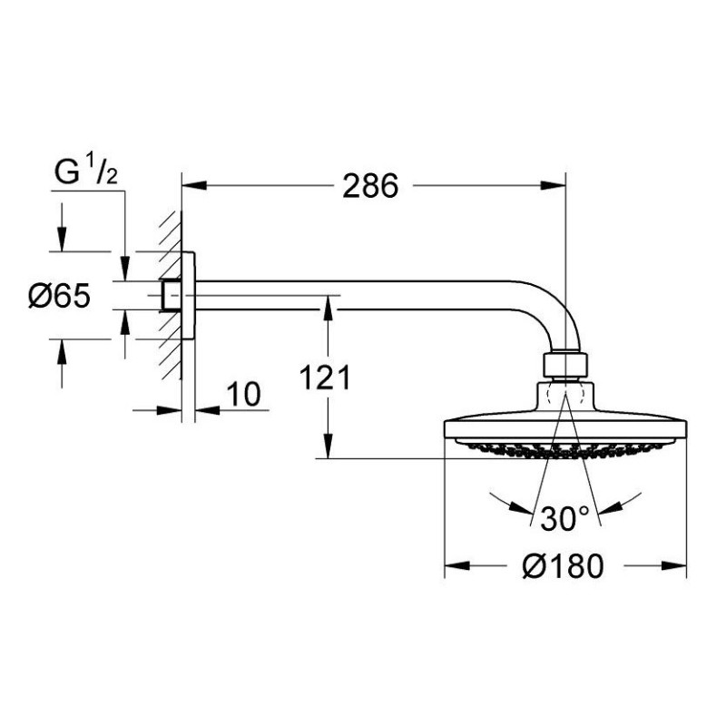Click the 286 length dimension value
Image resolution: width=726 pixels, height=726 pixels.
pos(370,186)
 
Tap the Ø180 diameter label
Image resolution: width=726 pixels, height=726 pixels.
pos(563,565)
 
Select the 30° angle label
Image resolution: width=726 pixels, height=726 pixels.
pos(564,518)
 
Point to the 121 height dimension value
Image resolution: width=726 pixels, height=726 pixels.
pos(325,378)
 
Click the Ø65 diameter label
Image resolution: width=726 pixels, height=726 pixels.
pos(59,296)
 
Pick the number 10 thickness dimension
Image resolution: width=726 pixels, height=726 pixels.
pos(243,395)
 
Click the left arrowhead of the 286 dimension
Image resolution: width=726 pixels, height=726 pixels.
pos(194,186)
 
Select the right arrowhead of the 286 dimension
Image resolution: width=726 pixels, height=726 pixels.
pos(554,186)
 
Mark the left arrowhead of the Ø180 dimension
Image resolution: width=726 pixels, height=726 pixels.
pos(457,565)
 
